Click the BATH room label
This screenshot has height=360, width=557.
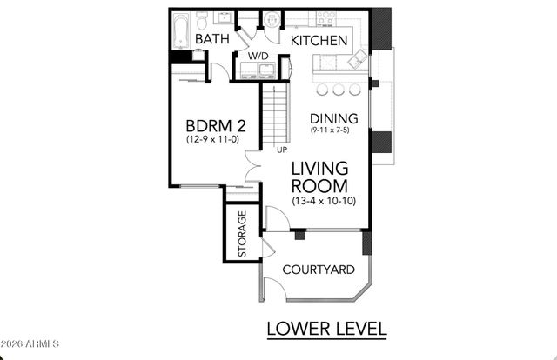[211, 40]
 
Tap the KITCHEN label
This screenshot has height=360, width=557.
[319, 41]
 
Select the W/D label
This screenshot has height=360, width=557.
[258, 57]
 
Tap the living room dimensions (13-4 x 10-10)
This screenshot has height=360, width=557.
[323, 202]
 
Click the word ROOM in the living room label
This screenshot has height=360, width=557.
[319, 186]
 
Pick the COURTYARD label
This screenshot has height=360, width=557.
[319, 270]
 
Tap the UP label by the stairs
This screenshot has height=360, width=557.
[281, 150]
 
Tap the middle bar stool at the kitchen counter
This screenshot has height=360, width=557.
[337, 90]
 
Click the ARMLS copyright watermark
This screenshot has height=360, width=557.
[30, 344]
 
